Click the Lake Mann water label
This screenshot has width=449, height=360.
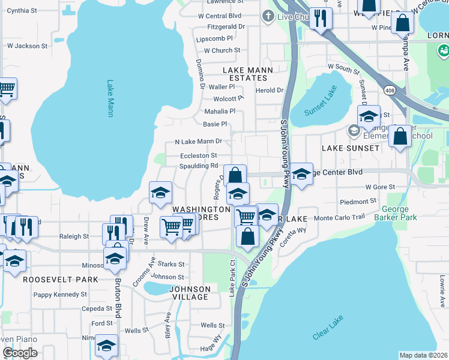(110, 98)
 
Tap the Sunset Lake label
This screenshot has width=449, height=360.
(321, 103)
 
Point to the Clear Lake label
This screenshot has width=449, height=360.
(328, 328)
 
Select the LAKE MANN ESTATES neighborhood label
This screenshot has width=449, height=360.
(248, 74)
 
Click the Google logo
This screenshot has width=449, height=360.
(20, 353)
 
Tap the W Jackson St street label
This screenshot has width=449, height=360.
(27, 46)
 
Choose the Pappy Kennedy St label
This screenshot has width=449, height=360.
(60, 295)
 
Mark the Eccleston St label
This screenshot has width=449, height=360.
(198, 155)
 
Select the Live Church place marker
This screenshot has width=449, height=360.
(268, 17)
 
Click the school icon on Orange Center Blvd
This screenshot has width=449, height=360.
(301, 173)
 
